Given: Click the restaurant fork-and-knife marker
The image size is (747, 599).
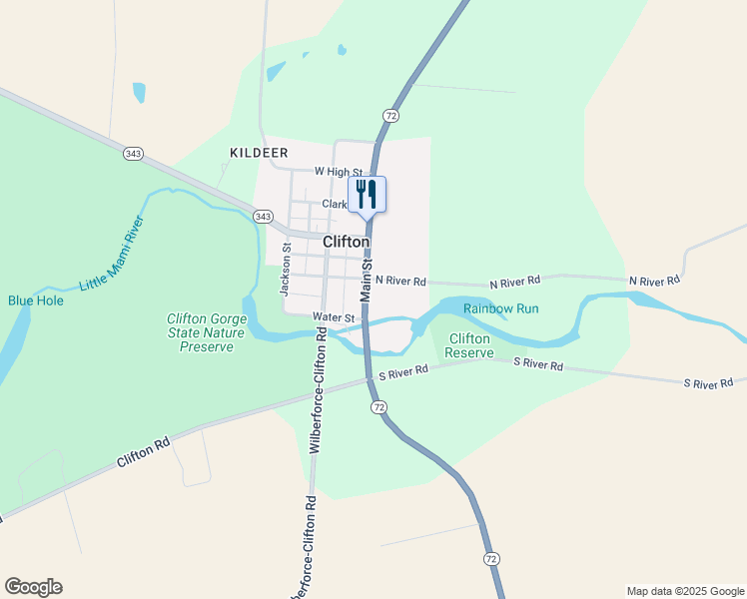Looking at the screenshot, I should point(367,194).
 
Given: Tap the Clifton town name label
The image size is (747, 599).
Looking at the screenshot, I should point(347,242).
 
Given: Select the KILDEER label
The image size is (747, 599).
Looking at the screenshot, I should point(259,153).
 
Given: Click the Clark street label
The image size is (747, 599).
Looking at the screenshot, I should point(335,204).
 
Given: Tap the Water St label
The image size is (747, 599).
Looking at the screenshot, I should point(334,316).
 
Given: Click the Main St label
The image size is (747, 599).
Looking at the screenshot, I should point(366,281).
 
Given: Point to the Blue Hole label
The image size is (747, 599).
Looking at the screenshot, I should point(35,299).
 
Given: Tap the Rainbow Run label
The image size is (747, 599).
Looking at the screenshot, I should point(500,308).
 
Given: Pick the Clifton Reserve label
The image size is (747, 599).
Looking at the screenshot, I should point(468,345).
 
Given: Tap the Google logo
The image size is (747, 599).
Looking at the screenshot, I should point(33,587).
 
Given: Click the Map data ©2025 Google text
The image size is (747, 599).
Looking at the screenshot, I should point(685,591).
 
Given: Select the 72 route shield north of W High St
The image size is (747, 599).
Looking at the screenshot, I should point(390,116).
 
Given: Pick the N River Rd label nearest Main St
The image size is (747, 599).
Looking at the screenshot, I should point(400,282).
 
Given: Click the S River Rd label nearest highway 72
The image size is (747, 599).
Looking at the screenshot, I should point(403,371).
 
